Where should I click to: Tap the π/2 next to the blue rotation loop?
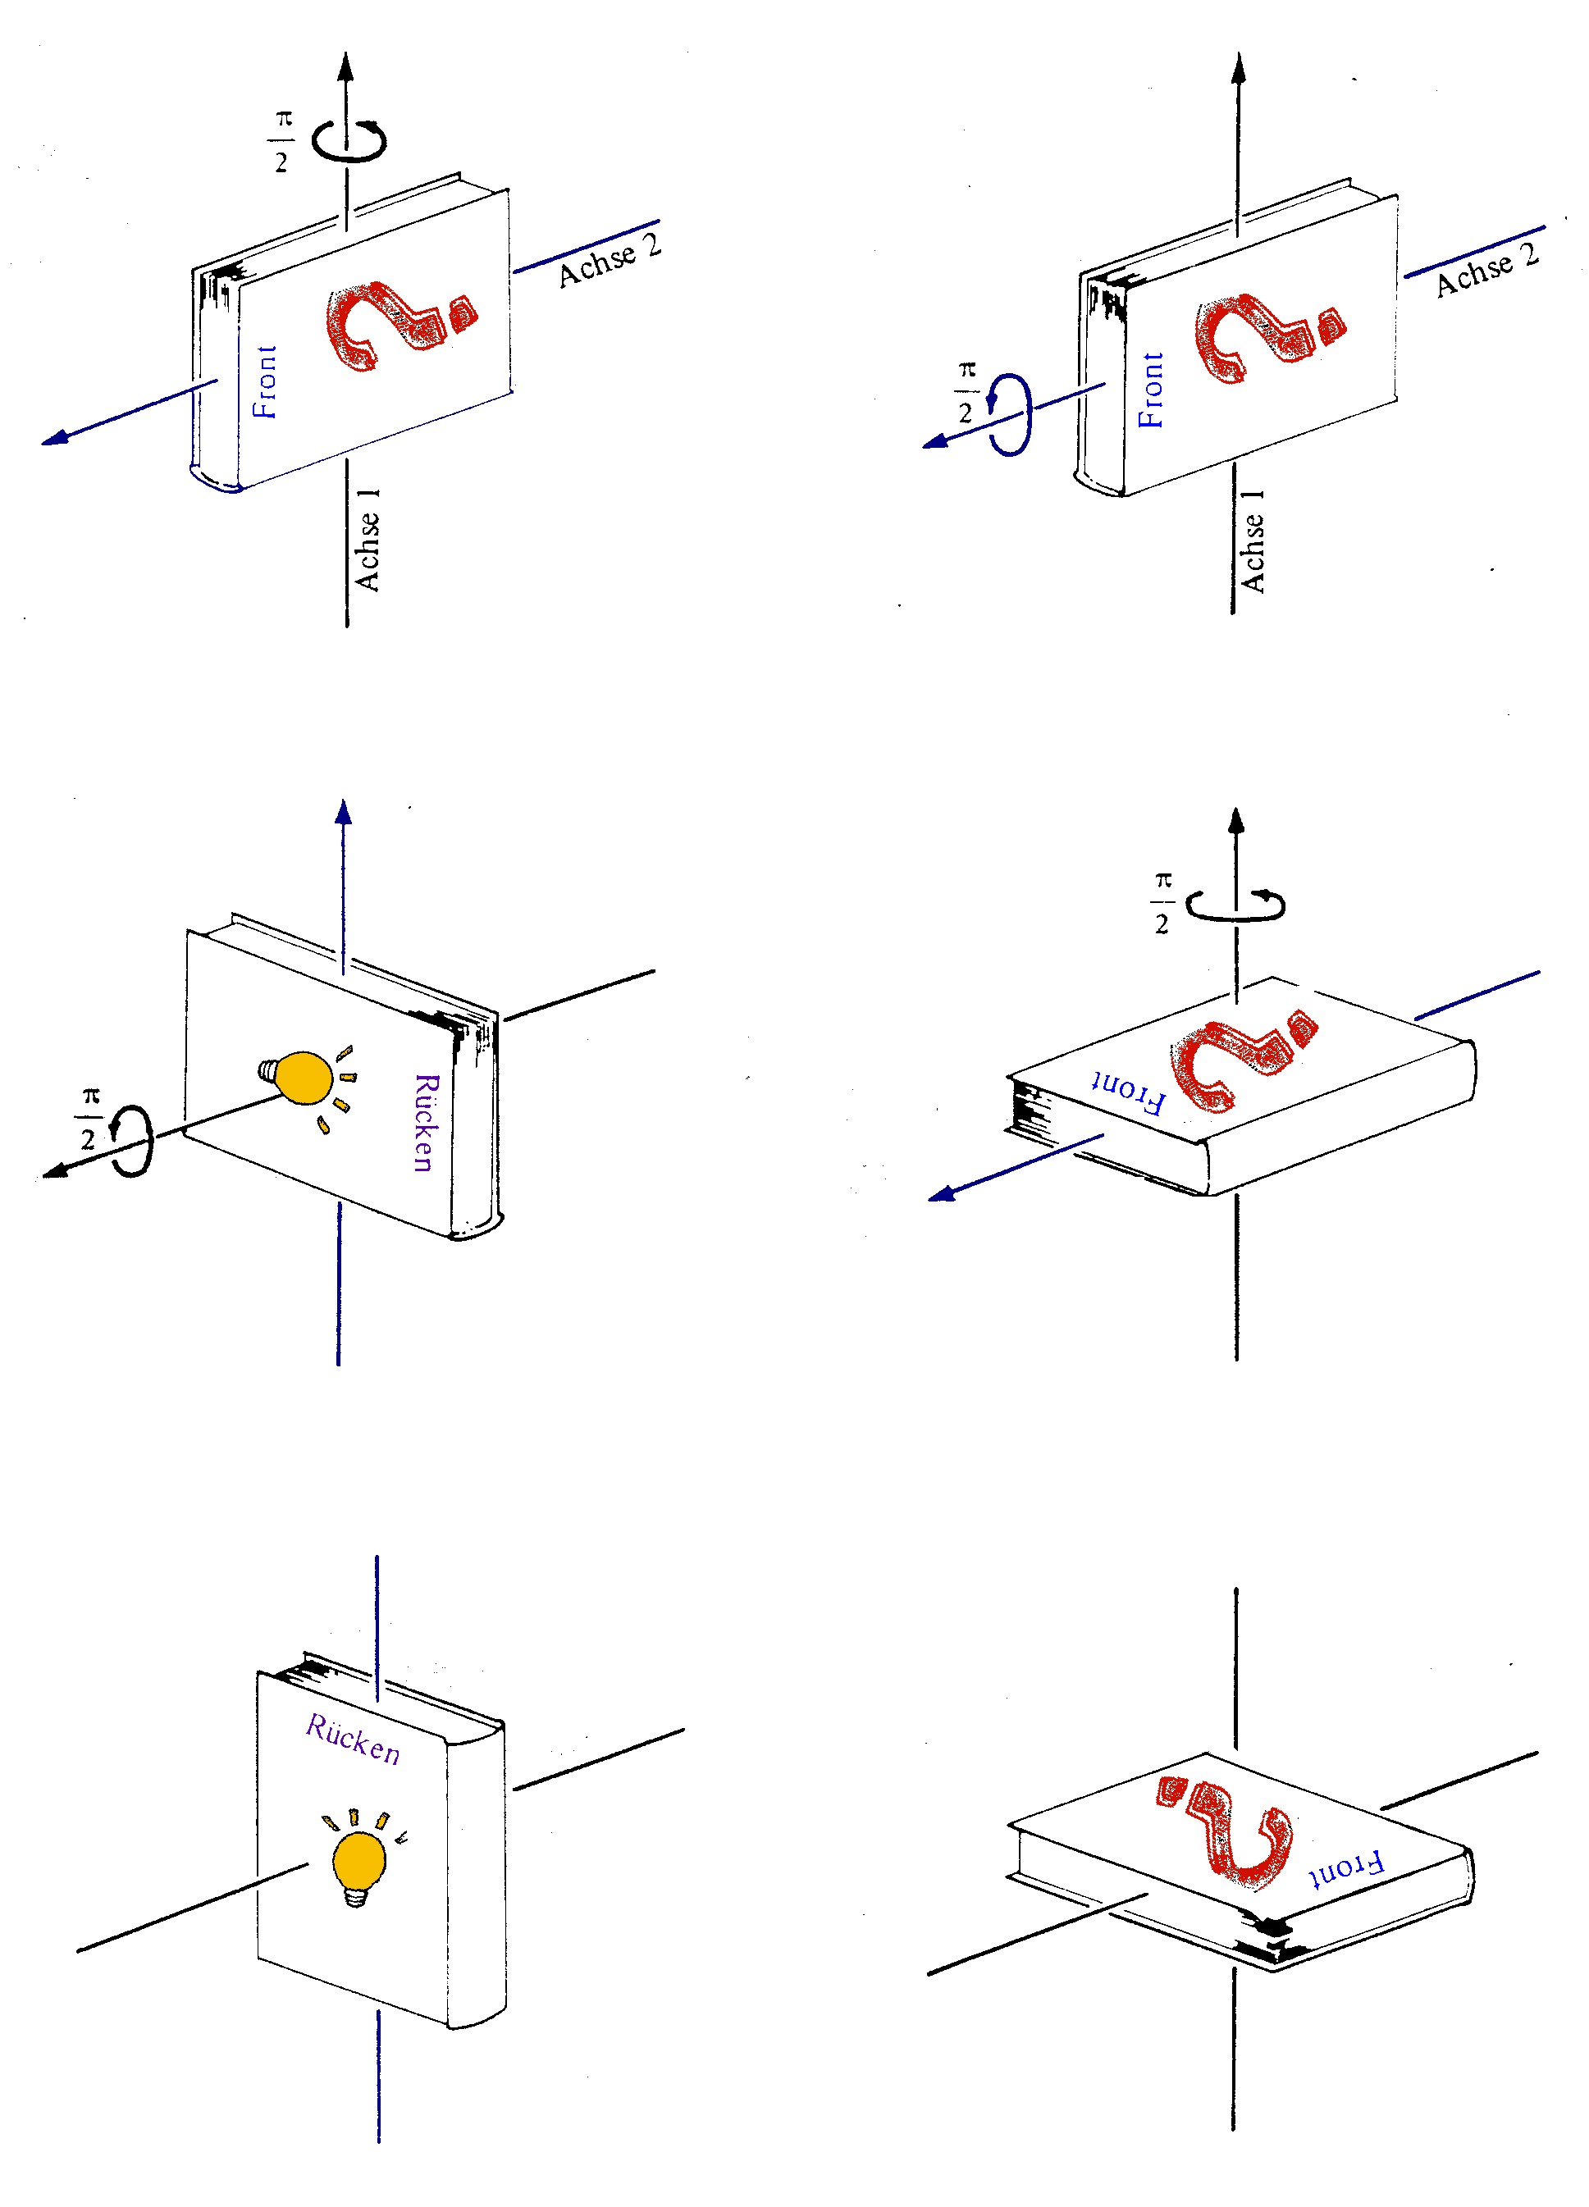coord(966,391)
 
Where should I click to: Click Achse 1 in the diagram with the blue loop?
coord(1253,541)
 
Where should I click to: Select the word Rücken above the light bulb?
coord(352,1739)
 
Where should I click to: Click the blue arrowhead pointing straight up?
coord(344,814)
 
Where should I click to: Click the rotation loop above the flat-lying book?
coord(1235,905)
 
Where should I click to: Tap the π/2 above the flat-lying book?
coord(1162,902)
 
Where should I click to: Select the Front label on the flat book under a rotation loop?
coord(1129,1091)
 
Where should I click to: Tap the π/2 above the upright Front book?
coord(282,141)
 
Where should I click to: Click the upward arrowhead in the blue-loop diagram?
coord(1238,68)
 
